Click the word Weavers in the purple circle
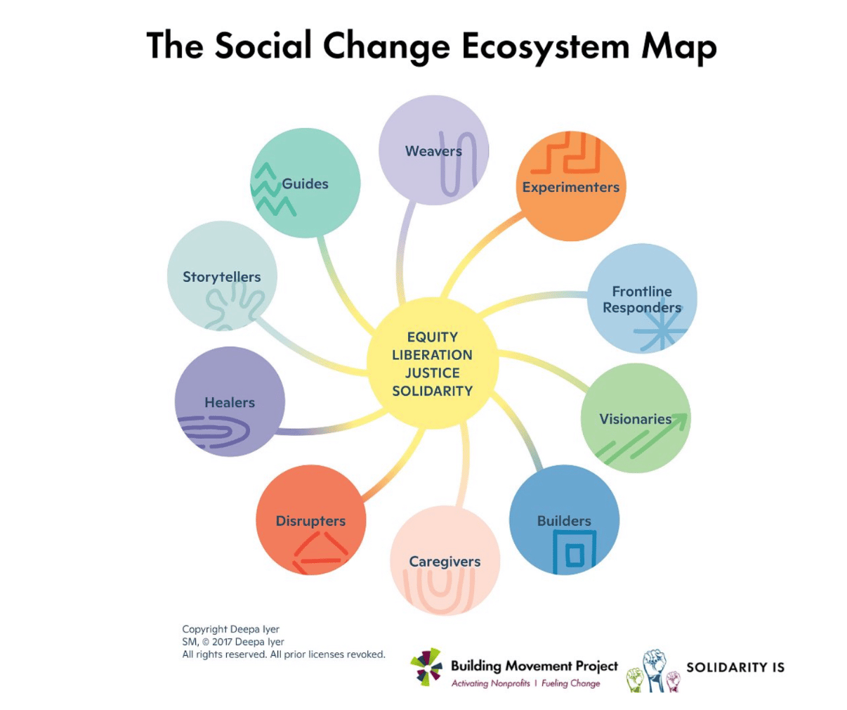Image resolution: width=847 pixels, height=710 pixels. point(433,151)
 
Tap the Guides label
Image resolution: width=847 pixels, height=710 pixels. point(305,183)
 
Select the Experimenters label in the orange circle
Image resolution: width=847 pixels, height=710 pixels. point(571,187)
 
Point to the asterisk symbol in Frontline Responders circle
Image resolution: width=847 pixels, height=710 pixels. point(660,333)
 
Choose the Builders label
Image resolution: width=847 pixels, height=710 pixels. point(564,521)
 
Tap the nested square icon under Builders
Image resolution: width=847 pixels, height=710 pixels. point(574,552)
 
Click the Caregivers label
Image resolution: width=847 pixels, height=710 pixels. point(445,562)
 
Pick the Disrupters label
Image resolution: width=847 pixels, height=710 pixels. point(310,521)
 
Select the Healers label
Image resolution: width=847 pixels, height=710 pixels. point(230,402)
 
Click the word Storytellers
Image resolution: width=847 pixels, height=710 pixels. point(221,277)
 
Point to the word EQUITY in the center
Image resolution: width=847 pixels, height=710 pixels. point(433,337)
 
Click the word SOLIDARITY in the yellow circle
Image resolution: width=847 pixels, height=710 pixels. point(433,391)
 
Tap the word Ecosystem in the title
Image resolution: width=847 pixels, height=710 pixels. point(546,46)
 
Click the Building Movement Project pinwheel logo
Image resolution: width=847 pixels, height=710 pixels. point(426,666)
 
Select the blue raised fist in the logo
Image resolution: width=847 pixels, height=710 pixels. point(654,669)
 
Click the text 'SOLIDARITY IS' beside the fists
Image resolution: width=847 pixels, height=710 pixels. point(735,667)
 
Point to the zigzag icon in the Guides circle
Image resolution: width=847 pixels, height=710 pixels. point(273,189)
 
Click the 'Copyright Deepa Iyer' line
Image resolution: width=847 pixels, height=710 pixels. point(230,629)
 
